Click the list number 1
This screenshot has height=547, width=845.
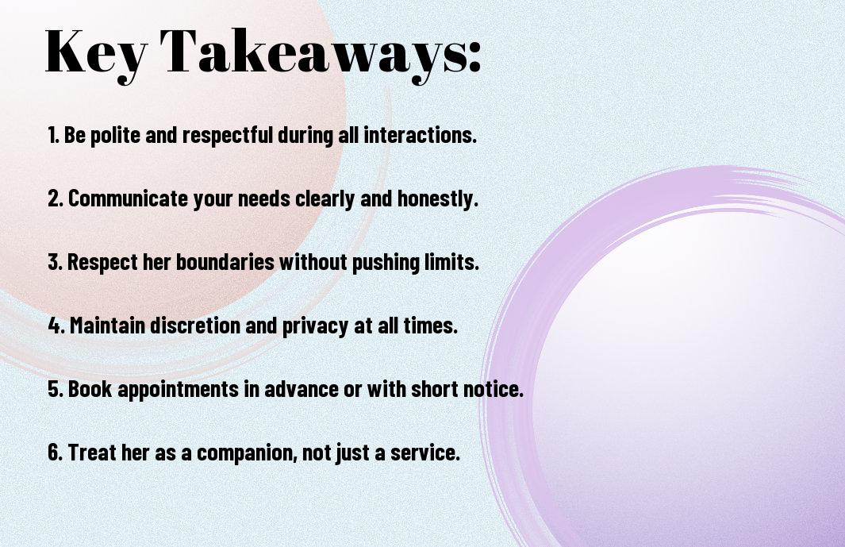click(x=53, y=135)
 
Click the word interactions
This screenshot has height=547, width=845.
click(x=421, y=135)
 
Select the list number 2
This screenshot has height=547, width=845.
click(x=56, y=198)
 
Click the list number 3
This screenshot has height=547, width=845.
click(x=56, y=262)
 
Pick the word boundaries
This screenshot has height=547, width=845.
click(x=225, y=262)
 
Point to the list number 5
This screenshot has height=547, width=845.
click(x=56, y=389)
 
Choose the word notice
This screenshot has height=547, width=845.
click(x=494, y=389)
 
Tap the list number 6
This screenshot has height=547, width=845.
click(x=56, y=453)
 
